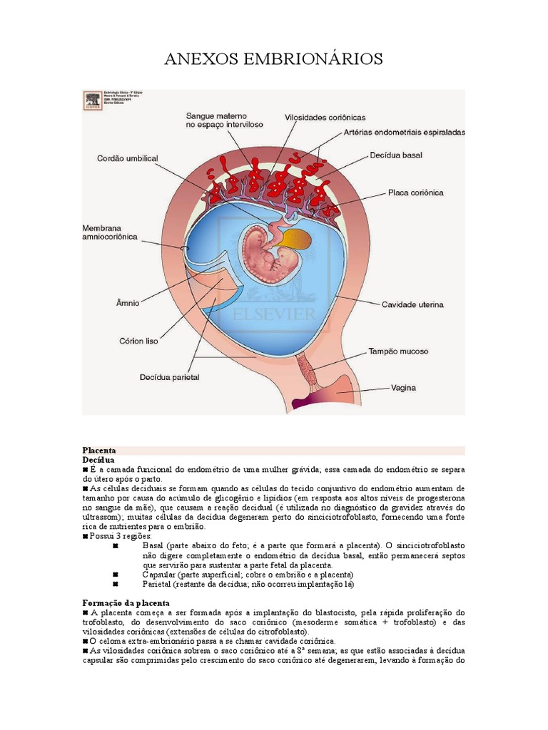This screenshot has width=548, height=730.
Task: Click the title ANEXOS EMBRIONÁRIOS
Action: [274, 58]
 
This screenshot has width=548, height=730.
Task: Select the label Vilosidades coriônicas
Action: [325, 117]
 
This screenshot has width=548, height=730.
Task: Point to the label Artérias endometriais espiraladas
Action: [404, 133]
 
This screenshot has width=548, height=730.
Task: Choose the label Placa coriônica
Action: [416, 192]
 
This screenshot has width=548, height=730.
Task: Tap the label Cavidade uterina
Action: [412, 304]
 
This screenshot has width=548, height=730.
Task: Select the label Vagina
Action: [403, 389]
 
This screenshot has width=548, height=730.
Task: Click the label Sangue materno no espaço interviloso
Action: [225, 119]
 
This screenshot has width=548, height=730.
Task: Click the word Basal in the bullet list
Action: [156, 545]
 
